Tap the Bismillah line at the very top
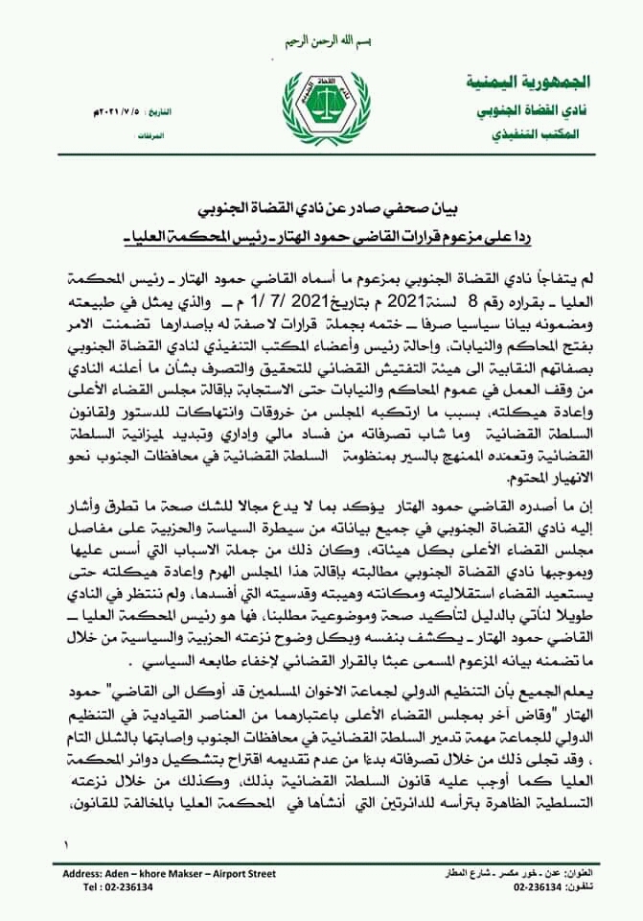coord(321,43)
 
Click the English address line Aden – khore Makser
coord(169,874)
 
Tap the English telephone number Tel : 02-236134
coord(121,888)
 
